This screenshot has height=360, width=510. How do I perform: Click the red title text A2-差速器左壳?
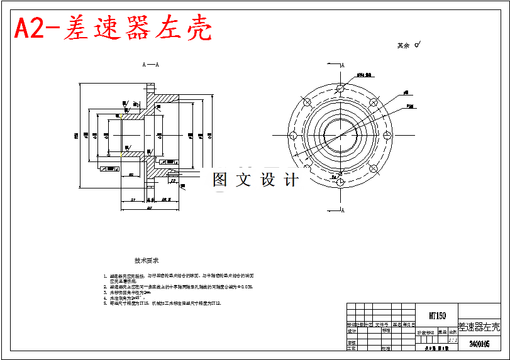pyautogui.click(x=113, y=28)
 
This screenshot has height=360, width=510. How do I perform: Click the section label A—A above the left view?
pyautogui.click(x=150, y=64)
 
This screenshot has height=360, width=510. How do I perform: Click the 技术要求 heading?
pyautogui.click(x=147, y=259)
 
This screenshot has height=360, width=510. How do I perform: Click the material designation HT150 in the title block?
pyautogui.click(x=437, y=315)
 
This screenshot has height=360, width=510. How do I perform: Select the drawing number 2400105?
pyautogui.click(x=480, y=344)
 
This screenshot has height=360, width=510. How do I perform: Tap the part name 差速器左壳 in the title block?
pyautogui.click(x=479, y=327)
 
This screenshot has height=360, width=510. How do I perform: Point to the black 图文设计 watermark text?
pyautogui.click(x=255, y=180)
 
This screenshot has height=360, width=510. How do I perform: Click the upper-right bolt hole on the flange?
pyautogui.click(x=374, y=102)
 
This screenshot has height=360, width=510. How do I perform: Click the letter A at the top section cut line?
pyautogui.click(x=343, y=65)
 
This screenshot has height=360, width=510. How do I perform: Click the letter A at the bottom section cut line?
pyautogui.click(x=343, y=211)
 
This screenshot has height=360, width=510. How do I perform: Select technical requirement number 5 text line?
pyautogui.click(x=165, y=303)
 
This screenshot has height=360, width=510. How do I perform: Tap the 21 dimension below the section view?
pyautogui.click(x=134, y=199)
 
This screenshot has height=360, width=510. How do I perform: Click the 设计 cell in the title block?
pyautogui.click(x=352, y=330)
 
